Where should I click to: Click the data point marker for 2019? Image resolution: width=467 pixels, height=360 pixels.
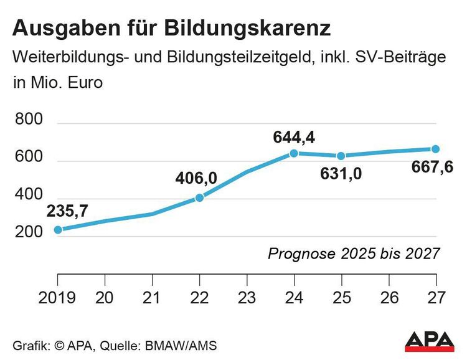(58, 230)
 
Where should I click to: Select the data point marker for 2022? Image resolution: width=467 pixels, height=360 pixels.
(200, 197)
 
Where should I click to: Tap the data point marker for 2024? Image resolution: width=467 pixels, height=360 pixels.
(294, 153)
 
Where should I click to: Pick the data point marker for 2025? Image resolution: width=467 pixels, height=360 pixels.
(341, 156)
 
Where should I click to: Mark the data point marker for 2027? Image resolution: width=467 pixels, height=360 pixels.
(435, 149)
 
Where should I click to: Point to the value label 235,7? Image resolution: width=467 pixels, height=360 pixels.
(67, 211)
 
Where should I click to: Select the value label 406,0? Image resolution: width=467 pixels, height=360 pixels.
(196, 178)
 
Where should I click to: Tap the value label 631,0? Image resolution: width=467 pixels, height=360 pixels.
(341, 174)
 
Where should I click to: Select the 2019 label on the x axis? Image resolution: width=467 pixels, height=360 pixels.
(57, 297)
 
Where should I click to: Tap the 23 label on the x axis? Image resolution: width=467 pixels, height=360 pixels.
(247, 297)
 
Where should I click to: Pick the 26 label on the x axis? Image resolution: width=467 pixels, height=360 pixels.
(388, 297)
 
